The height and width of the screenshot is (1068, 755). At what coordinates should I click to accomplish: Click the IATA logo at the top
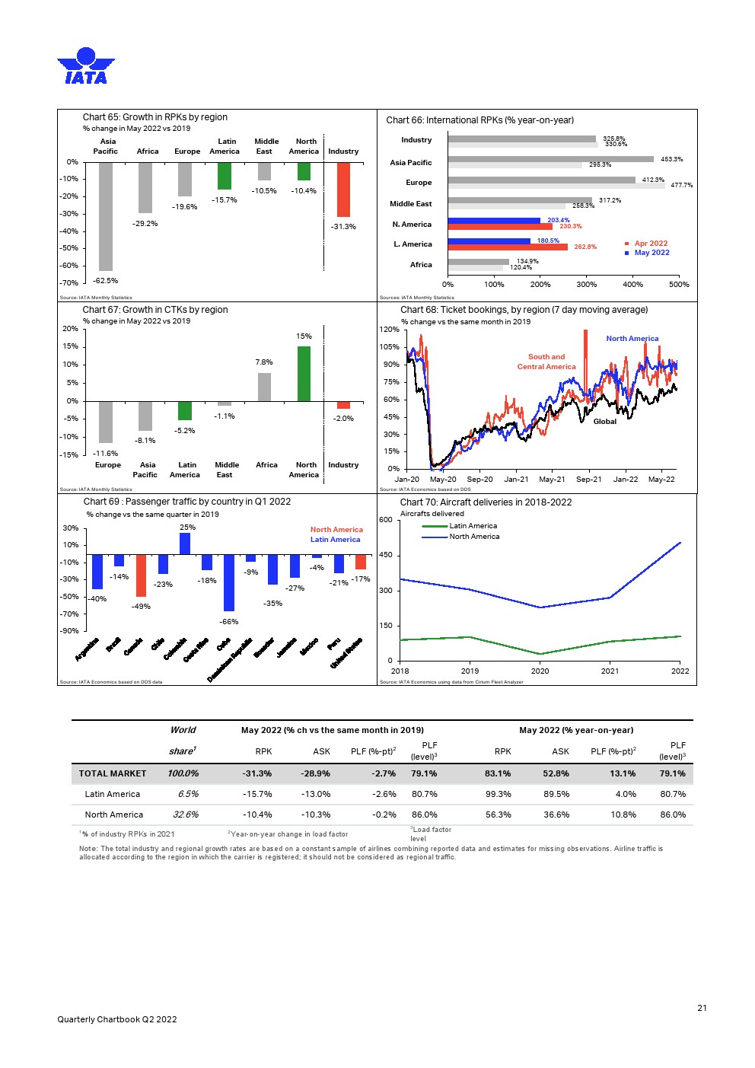pos(85,65)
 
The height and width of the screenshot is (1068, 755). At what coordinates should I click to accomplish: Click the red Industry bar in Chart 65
pos(343,190)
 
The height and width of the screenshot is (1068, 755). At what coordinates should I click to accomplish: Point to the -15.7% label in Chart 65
pos(225,200)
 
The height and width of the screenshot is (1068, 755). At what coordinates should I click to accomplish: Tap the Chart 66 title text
pos(479,120)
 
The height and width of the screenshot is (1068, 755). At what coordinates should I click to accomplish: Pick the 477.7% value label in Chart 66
pos(681,186)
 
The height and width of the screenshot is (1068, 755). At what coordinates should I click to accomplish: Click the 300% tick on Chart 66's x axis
pos(586,285)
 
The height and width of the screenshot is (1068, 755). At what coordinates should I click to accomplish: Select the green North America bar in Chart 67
pos(304,374)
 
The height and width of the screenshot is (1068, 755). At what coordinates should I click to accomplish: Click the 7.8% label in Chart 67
pos(264,362)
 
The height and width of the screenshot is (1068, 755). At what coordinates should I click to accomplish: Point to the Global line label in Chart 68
pos(604,422)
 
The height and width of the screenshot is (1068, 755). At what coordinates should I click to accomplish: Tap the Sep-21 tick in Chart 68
pos(588,480)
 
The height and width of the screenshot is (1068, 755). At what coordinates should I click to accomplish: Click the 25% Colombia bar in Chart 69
pos(185,544)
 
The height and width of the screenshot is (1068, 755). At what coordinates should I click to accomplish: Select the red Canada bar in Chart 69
pos(141,575)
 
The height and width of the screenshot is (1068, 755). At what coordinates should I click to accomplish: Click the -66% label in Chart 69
pos(229,622)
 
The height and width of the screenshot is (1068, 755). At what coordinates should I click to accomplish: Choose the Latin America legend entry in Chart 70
pos(473,526)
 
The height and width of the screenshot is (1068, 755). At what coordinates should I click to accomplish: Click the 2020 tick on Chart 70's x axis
pos(540,671)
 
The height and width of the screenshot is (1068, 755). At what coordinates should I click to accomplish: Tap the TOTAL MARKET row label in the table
pos(113,773)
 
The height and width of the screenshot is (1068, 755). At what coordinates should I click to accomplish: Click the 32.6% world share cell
pos(186,815)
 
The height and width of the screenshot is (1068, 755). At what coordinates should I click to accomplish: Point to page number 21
pos(702,1008)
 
